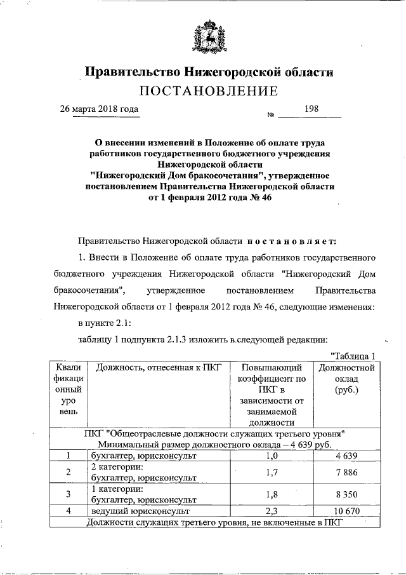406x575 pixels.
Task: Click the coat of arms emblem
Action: (209, 37)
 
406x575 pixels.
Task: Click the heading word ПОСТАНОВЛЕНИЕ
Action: (209, 91)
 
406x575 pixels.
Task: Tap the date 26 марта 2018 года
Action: (99, 109)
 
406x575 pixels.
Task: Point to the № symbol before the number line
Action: (270, 115)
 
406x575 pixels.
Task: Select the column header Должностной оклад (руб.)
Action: (346, 379)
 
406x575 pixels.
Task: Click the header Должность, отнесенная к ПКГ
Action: (154, 368)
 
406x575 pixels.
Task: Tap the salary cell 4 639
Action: (346, 456)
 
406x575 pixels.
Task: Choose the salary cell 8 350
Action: (346, 494)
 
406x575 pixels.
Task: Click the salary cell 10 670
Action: (346, 510)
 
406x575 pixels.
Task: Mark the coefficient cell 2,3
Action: (271, 510)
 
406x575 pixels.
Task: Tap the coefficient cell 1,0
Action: (271, 456)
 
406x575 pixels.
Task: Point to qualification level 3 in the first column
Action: (68, 494)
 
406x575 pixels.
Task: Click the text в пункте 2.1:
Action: (105, 323)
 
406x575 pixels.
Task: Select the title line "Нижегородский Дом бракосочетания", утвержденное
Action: (209, 175)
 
